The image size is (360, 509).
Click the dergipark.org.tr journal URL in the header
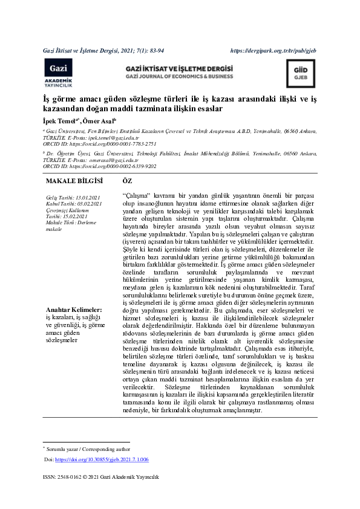(x=281, y=50)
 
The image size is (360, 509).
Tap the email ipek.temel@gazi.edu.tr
(x=114, y=138)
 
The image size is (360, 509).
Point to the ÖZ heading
(x=127, y=181)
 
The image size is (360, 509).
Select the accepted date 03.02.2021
(x=88, y=204)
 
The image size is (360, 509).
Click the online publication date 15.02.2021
(x=76, y=216)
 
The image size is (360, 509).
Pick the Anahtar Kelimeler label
(x=73, y=310)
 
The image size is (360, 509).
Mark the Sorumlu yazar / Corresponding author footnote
(x=87, y=449)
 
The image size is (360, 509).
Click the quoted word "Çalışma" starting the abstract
(x=136, y=197)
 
